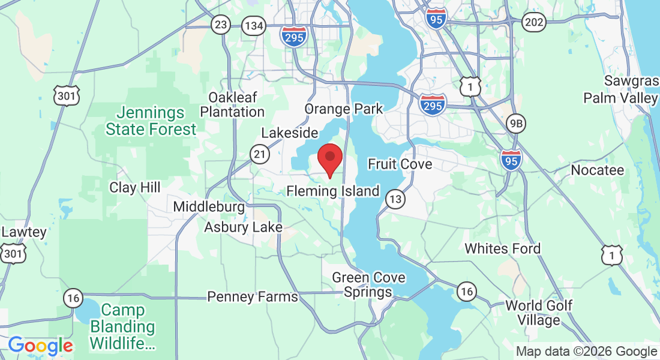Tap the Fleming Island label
point(333,191)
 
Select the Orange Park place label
point(343,109)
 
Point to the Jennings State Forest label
point(151,121)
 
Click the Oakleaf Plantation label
point(232,104)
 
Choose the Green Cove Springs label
point(368,285)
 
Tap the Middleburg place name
point(209,207)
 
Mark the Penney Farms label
point(252,296)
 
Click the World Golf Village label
point(539,313)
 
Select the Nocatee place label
point(597,170)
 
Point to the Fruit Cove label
point(400,164)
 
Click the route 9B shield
point(515,124)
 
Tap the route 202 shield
point(533,22)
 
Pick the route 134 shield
point(254,25)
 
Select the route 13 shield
point(395,199)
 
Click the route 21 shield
point(259,155)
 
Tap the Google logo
point(40,346)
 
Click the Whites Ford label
point(503,248)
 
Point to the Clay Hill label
point(134,187)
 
